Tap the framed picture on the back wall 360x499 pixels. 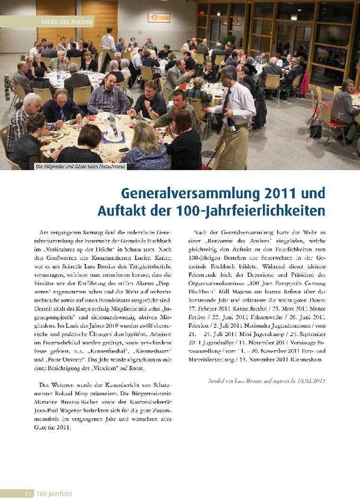point(158,18)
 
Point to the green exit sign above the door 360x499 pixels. point(294,18)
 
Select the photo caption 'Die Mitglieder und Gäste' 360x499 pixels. point(80,166)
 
